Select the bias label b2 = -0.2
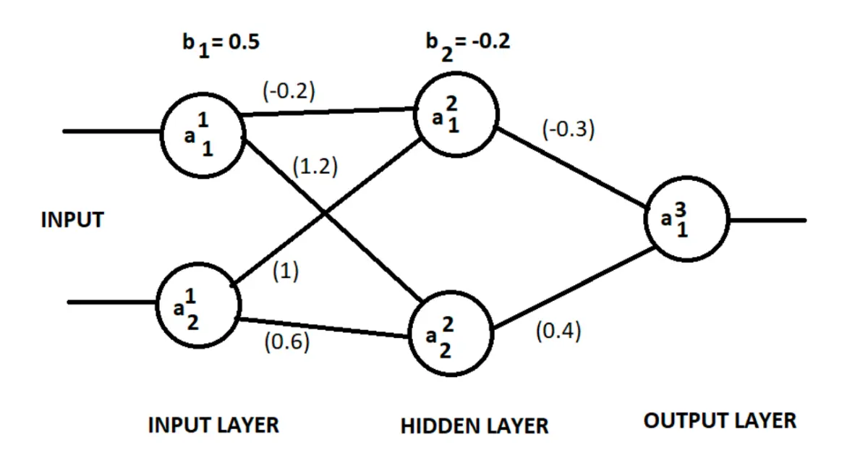[x=468, y=46]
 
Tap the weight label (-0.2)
[x=289, y=91]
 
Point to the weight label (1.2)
[x=315, y=166]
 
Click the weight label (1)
[x=286, y=271]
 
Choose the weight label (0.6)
[x=287, y=342]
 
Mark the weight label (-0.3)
[x=569, y=130]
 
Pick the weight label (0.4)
[x=558, y=331]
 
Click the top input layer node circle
[x=162, y=135]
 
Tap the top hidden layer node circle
[x=415, y=115]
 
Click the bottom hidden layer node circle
[x=410, y=334]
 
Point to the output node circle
[x=645, y=219]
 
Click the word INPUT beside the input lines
[x=72, y=220]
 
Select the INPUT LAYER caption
[x=213, y=426]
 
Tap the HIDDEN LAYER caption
[x=475, y=426]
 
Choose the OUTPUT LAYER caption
[x=720, y=421]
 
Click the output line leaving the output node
[x=768, y=220]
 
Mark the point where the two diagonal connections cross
[x=325, y=212]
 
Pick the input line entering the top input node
[x=111, y=132]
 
